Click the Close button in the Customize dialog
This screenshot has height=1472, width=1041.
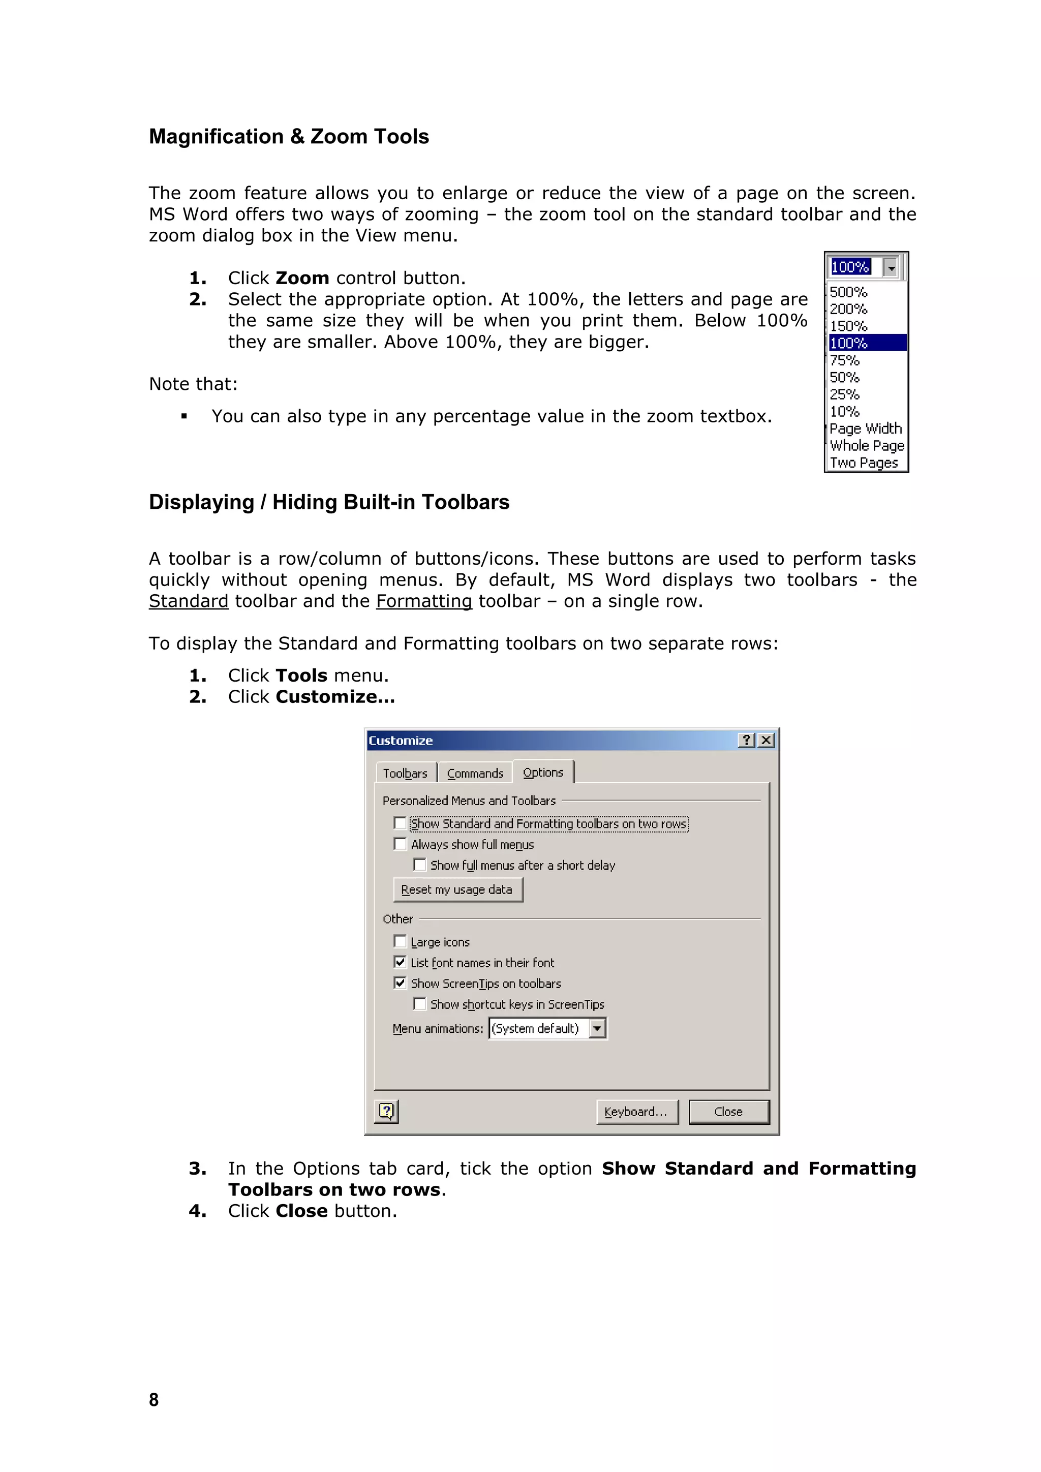(728, 1112)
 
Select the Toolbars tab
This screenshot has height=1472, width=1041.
(405, 773)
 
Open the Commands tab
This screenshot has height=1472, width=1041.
(475, 773)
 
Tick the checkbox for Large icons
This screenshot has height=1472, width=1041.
(400, 941)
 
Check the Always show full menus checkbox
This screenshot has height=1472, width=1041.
(400, 844)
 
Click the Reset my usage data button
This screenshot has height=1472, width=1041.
(457, 889)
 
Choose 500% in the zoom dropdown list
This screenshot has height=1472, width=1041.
(848, 292)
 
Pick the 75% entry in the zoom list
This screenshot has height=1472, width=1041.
(844, 360)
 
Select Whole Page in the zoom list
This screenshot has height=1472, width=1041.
(867, 446)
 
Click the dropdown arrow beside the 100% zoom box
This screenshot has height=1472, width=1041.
(891, 267)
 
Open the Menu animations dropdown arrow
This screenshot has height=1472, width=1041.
(597, 1028)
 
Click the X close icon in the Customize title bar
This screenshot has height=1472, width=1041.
(766, 741)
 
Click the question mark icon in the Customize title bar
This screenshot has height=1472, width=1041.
(746, 741)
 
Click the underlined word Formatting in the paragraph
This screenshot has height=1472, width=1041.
(424, 601)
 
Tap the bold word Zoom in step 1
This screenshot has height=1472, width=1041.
(302, 278)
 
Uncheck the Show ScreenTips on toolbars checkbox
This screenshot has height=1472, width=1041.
(400, 983)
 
